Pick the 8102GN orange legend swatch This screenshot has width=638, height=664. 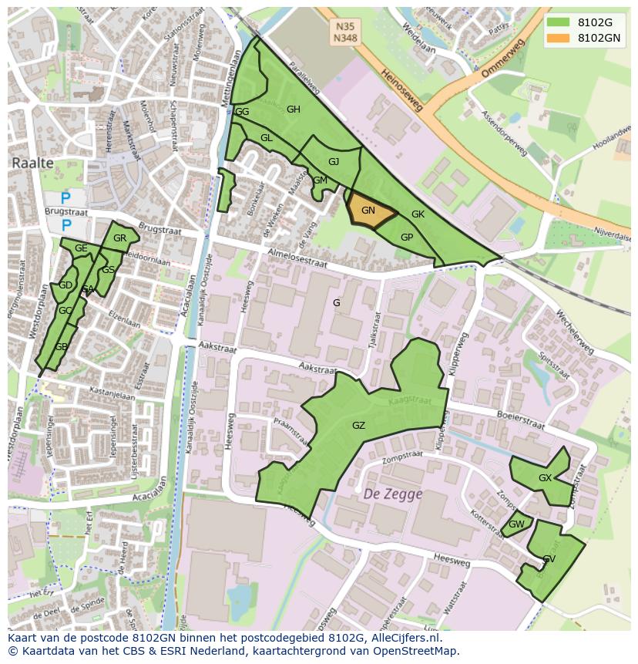coord(559,37)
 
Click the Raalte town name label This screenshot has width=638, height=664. coord(32,163)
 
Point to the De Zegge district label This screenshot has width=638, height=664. coord(392,494)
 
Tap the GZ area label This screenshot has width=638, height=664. coord(358,426)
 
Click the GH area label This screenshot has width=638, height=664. coord(293,110)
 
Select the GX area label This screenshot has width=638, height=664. coord(545,478)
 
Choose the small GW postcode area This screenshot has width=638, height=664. coord(516,524)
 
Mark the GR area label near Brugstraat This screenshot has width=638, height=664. coord(119,238)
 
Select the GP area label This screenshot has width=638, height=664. coord(407,238)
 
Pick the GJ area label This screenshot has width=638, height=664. coord(334,162)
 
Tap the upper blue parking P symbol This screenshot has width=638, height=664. coord(65,198)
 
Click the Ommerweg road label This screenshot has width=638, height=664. coord(502,59)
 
